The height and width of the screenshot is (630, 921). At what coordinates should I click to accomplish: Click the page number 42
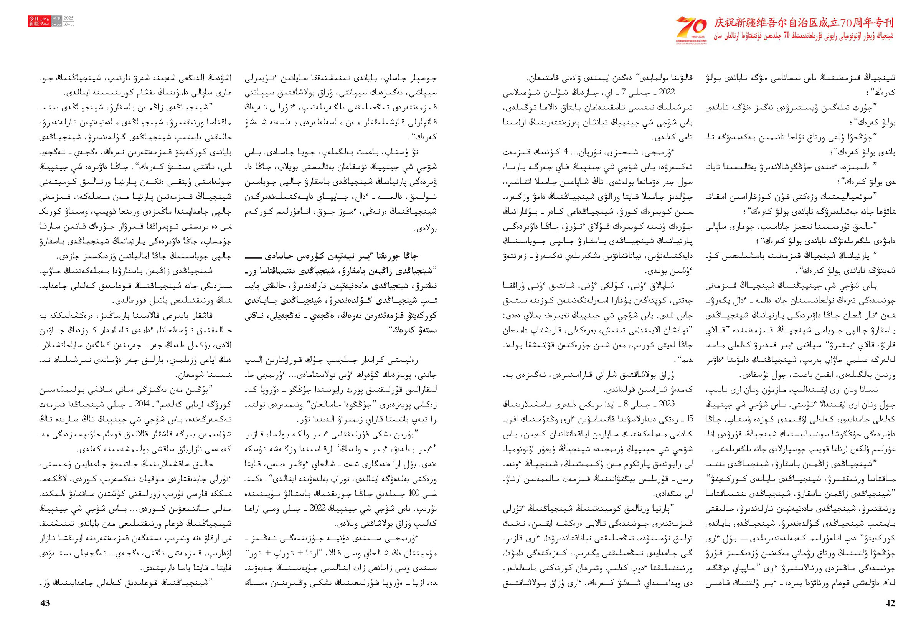point(890,603)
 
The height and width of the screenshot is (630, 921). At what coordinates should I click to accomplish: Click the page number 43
point(45,603)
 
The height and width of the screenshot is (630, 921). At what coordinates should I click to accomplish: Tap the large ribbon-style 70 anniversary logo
point(691,27)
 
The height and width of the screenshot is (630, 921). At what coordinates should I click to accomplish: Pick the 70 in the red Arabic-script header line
point(787,36)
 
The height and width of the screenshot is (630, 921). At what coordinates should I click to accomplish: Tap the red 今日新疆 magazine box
point(34,21)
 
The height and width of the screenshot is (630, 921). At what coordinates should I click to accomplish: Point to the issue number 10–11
point(69,24)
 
